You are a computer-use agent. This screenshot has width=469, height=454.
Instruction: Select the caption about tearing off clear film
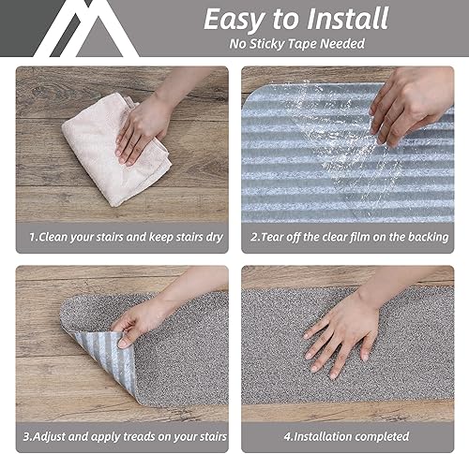point(348,237)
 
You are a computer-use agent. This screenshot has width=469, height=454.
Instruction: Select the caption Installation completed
point(348,436)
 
